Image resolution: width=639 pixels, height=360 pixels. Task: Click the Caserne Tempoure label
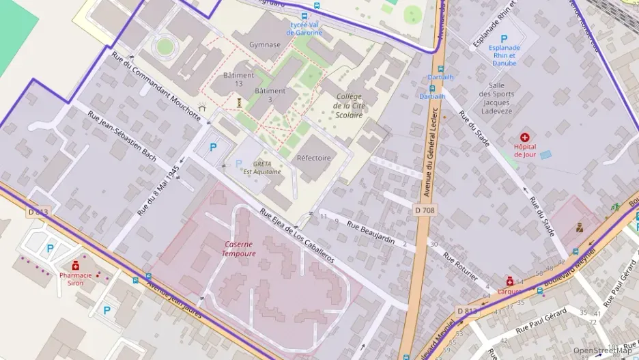tap(238, 249)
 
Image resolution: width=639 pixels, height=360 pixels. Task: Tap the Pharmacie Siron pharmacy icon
tap(75, 265)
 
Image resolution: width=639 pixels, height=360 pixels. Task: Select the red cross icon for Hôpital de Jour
tap(524, 137)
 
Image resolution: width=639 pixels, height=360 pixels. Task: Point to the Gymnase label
tap(265, 44)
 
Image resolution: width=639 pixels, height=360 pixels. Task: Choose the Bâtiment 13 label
tap(238, 79)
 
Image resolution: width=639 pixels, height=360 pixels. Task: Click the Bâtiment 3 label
tap(269, 95)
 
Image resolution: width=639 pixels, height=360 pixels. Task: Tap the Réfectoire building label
tap(313, 158)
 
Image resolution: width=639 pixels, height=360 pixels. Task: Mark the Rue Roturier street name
tap(460, 267)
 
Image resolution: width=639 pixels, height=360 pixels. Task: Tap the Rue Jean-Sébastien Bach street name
tap(122, 136)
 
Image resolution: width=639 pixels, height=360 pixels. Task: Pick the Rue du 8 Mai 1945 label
tap(158, 189)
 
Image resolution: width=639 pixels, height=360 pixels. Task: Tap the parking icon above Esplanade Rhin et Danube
tap(504, 39)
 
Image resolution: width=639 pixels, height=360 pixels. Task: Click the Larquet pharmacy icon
tap(509, 281)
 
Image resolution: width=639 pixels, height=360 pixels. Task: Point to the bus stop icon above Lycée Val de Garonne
tap(304, 16)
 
